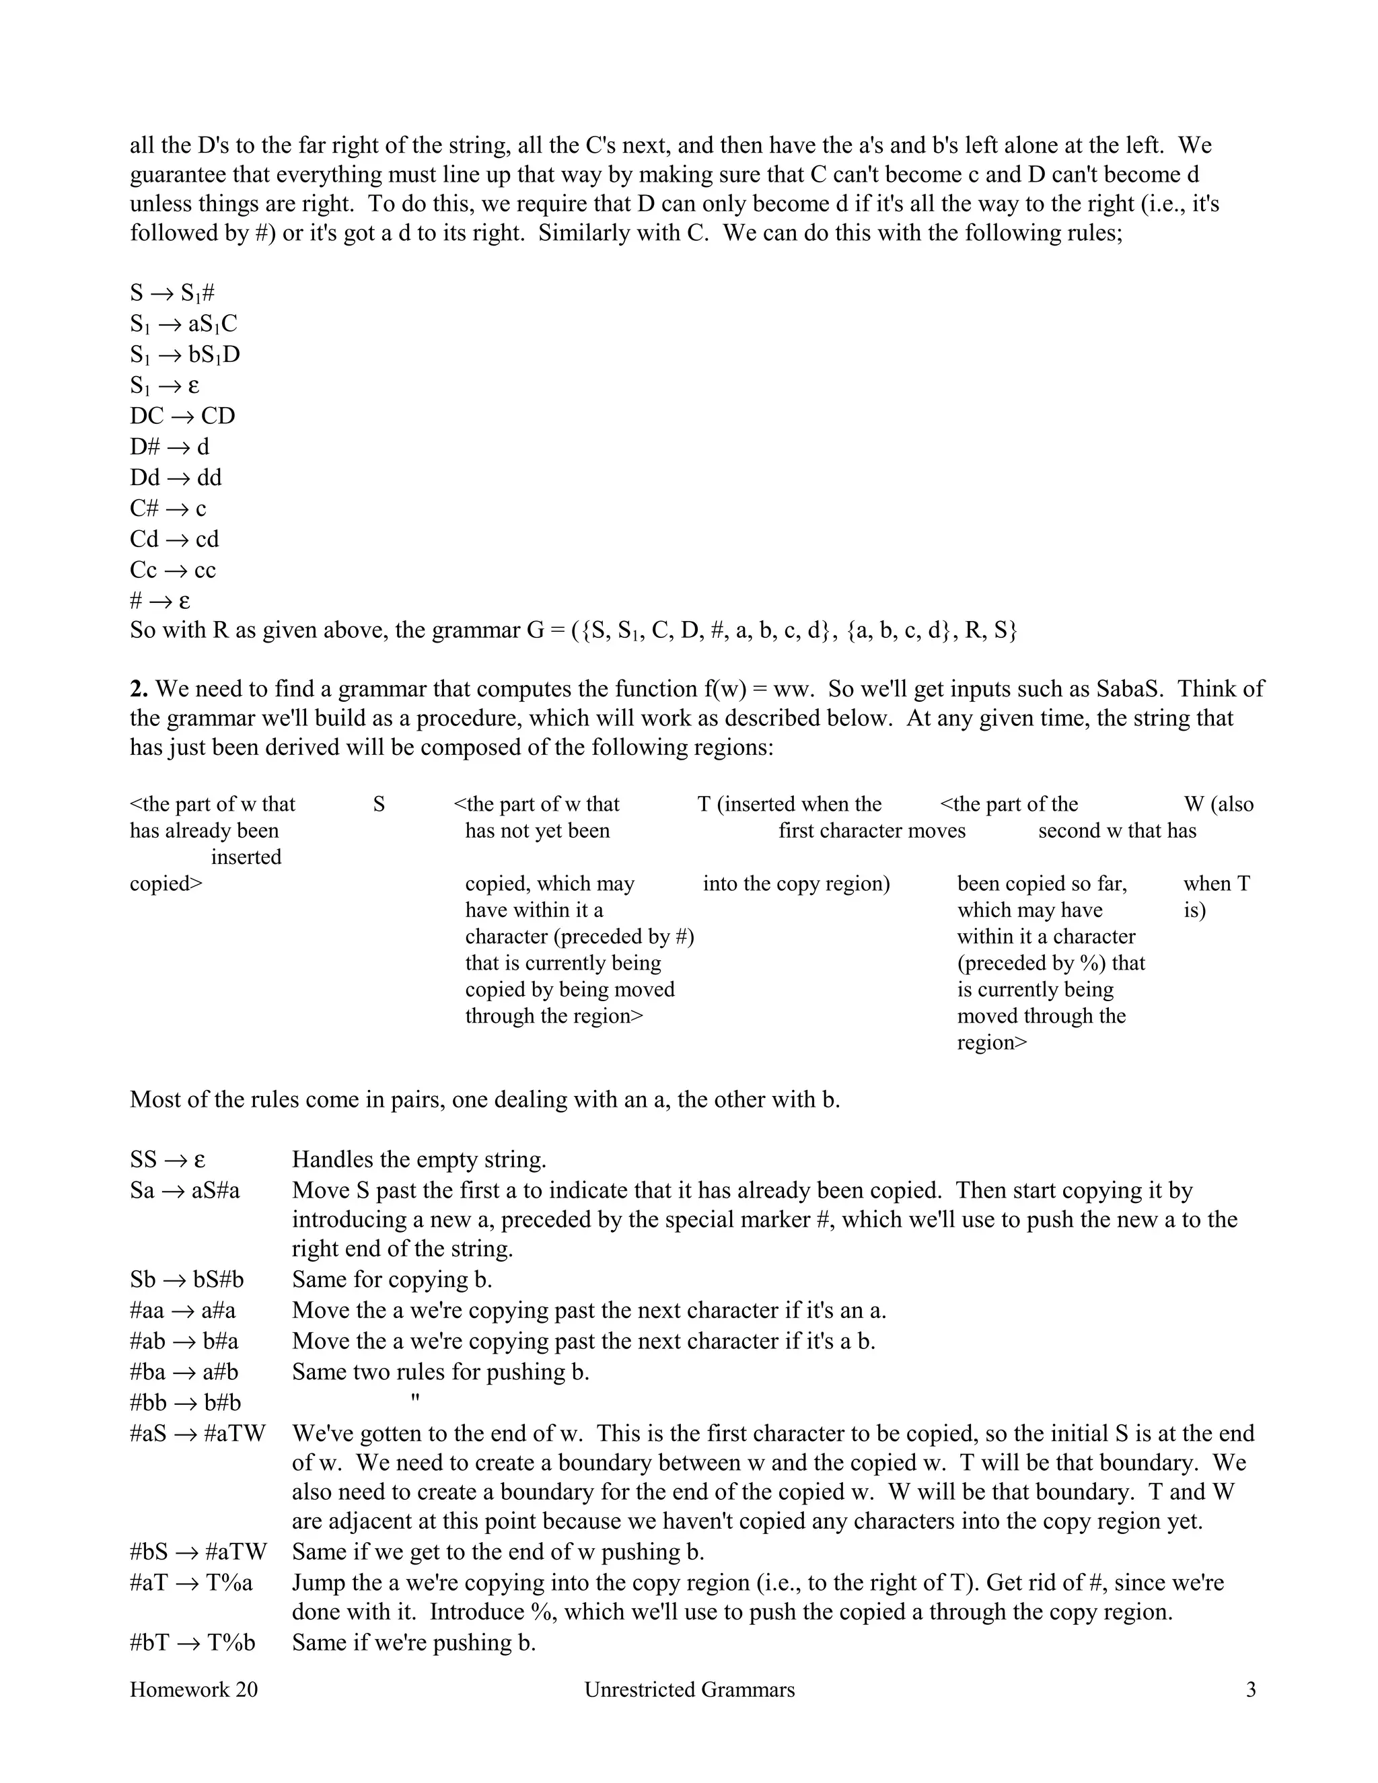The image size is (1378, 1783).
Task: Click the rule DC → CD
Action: (x=182, y=416)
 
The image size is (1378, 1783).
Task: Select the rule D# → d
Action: (x=169, y=447)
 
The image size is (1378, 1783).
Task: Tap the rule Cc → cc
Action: (x=172, y=571)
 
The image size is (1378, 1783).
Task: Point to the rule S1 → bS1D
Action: (x=184, y=355)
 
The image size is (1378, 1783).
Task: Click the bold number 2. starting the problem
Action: (x=139, y=689)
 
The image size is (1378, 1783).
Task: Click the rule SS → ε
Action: (x=168, y=1160)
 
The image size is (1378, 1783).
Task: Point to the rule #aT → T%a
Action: (x=191, y=1584)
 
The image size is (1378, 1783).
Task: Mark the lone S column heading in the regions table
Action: (x=379, y=805)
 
